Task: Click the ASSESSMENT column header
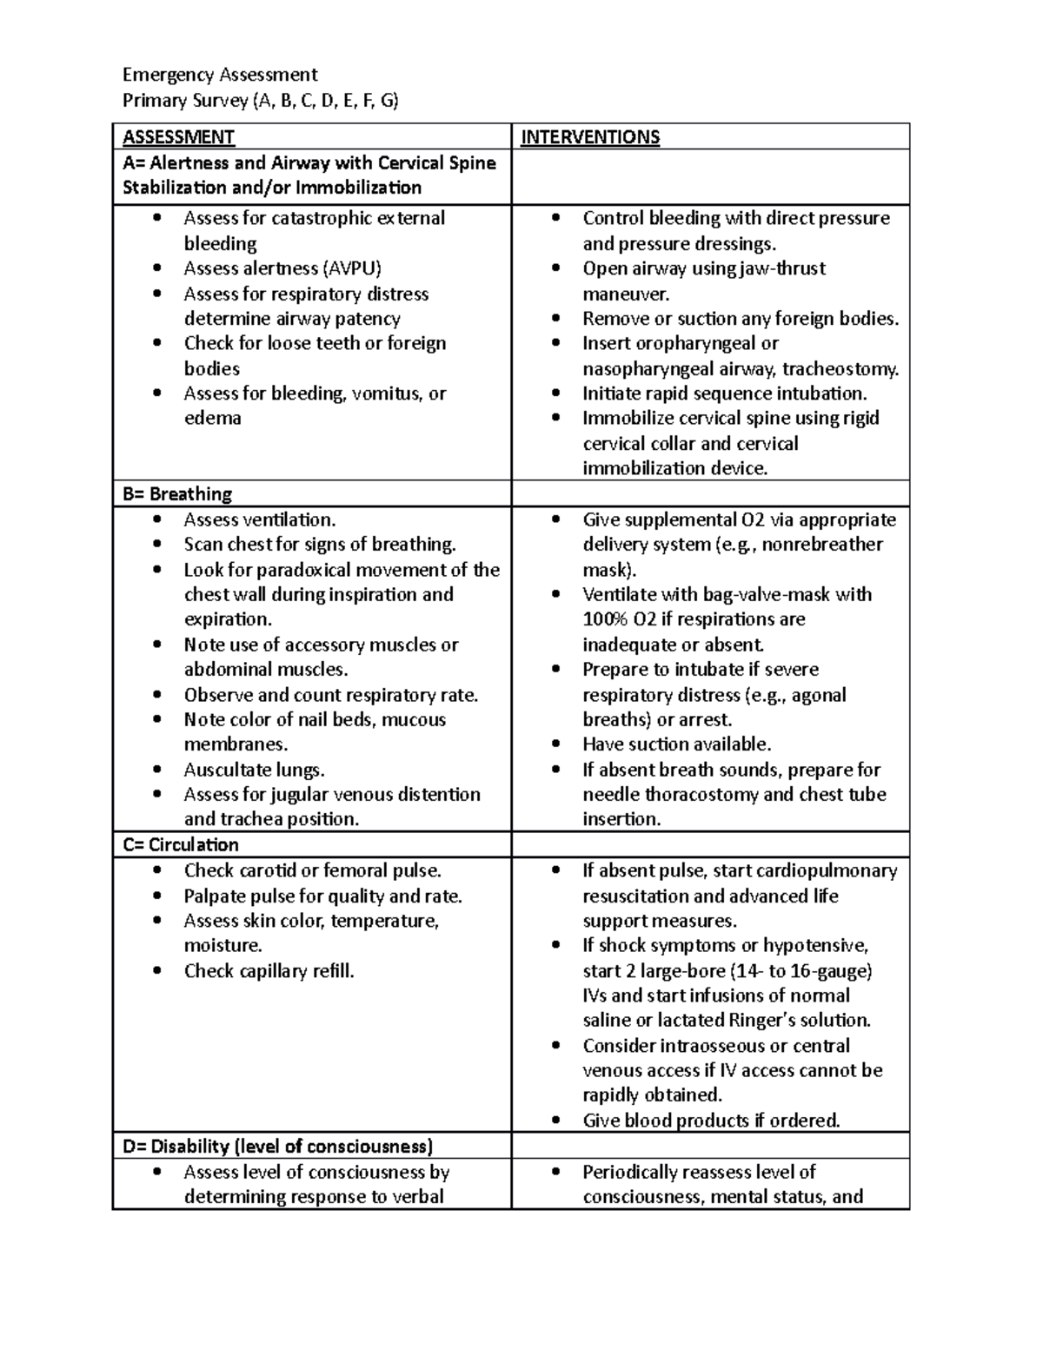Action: click(x=178, y=137)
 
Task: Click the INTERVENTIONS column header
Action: click(x=589, y=137)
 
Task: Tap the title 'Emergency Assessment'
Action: click(x=220, y=75)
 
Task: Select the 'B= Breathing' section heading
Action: click(x=177, y=494)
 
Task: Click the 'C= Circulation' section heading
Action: click(x=180, y=845)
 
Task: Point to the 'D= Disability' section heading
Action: click(x=277, y=1146)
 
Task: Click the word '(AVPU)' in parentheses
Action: click(x=352, y=268)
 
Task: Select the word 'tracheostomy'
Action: click(x=844, y=369)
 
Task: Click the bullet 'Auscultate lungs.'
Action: click(x=254, y=770)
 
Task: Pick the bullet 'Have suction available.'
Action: click(x=676, y=744)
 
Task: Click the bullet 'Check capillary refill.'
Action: click(x=269, y=971)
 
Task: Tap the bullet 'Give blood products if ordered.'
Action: click(x=711, y=1121)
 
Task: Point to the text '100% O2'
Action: click(x=616, y=619)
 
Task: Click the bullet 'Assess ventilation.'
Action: click(x=259, y=519)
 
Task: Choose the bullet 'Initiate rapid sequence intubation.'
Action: click(x=724, y=393)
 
